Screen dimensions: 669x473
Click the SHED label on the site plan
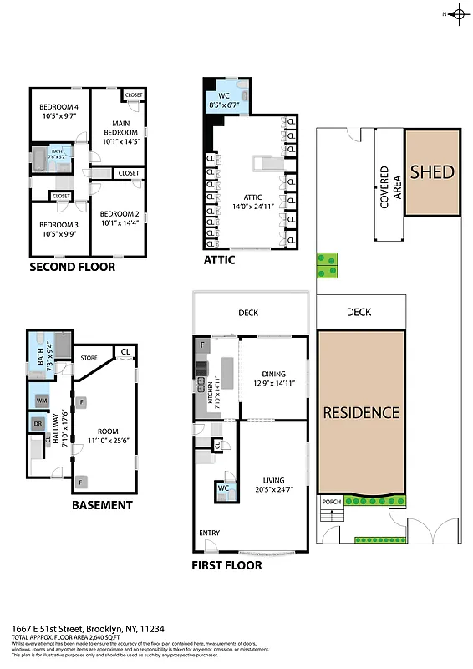point(432,173)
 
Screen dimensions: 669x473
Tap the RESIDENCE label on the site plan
point(361,412)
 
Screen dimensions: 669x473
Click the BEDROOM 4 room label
point(58,107)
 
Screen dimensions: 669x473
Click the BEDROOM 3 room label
point(58,225)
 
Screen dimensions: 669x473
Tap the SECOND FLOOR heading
point(72,268)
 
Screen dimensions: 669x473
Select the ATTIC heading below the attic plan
point(219,260)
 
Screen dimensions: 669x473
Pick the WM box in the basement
point(39,401)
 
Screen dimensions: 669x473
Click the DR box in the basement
point(38,424)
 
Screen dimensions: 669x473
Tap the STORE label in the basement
point(89,360)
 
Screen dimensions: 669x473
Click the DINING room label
point(273,375)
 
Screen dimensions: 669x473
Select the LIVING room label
point(273,481)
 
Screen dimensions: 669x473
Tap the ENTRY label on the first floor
point(209,533)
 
